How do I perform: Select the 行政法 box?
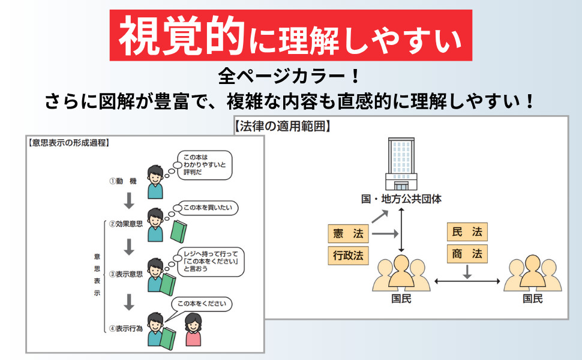tap(348, 256)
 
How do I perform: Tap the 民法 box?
tap(467, 232)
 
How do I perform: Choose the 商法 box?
tap(467, 254)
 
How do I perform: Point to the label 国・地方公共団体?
tap(401, 199)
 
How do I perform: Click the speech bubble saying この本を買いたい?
tap(206, 208)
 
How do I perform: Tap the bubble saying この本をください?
tap(201, 304)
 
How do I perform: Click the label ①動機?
tap(124, 181)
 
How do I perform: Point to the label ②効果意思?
tap(125, 224)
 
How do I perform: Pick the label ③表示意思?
tap(125, 274)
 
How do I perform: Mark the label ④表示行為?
tap(125, 328)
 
